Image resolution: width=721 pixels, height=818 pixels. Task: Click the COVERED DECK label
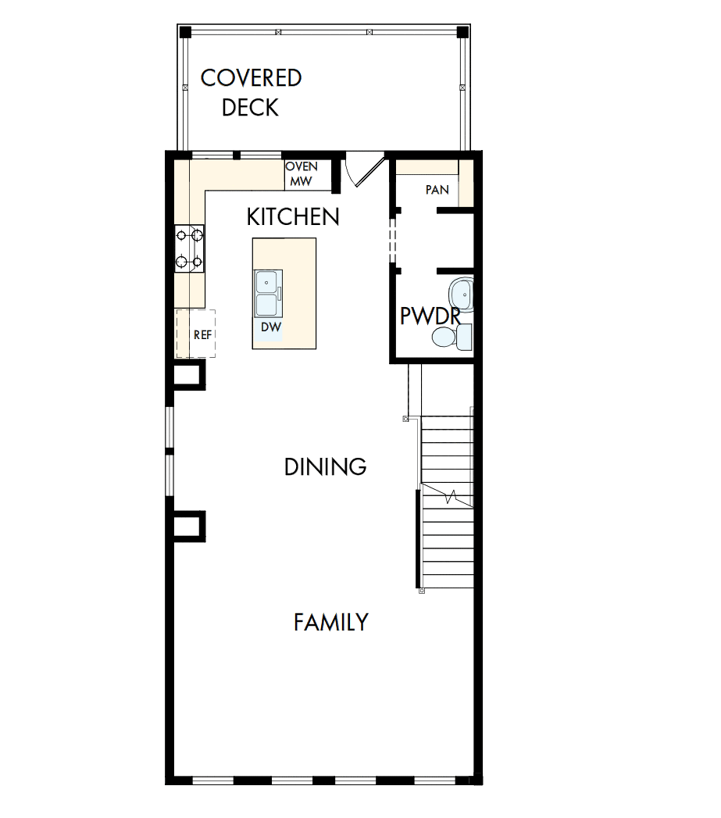tap(251, 92)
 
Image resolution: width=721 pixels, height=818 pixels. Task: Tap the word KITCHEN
tap(293, 217)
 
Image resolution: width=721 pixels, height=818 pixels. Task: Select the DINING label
tap(325, 467)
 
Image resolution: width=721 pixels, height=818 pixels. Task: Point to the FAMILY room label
tap(331, 623)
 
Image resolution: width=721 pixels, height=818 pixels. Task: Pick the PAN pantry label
tap(437, 190)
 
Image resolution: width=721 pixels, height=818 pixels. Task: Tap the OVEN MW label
tap(302, 174)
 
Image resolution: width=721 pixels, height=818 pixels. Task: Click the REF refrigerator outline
tap(195, 334)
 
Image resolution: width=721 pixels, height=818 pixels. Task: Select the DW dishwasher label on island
tap(270, 327)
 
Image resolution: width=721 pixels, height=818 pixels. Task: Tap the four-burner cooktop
tap(189, 248)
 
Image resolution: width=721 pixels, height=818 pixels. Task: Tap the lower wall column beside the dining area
tap(188, 526)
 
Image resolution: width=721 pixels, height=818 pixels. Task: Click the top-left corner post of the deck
tap(185, 32)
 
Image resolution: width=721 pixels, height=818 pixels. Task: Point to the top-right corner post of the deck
tap(462, 32)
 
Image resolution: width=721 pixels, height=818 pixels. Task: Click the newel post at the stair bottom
tap(422, 591)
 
